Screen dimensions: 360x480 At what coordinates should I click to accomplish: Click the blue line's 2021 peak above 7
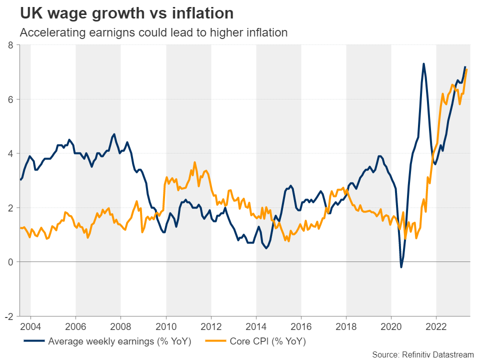coord(423,64)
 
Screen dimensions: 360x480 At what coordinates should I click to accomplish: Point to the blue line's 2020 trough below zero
coord(401,267)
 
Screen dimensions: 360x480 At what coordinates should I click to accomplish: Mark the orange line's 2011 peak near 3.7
coord(194,162)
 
